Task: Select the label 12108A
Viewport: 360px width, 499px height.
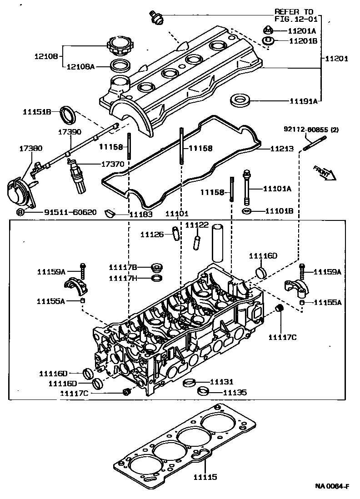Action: (x=80, y=67)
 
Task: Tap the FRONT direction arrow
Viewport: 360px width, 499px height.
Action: (x=324, y=173)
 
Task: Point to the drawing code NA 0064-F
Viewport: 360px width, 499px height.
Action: (x=332, y=486)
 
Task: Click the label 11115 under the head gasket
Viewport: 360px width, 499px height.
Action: (x=205, y=477)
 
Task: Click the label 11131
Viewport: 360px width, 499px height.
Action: (x=222, y=382)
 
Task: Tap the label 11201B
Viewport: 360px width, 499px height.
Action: (x=302, y=41)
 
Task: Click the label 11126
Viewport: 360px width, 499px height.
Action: (x=152, y=235)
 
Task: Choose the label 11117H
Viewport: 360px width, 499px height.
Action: (x=123, y=278)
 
